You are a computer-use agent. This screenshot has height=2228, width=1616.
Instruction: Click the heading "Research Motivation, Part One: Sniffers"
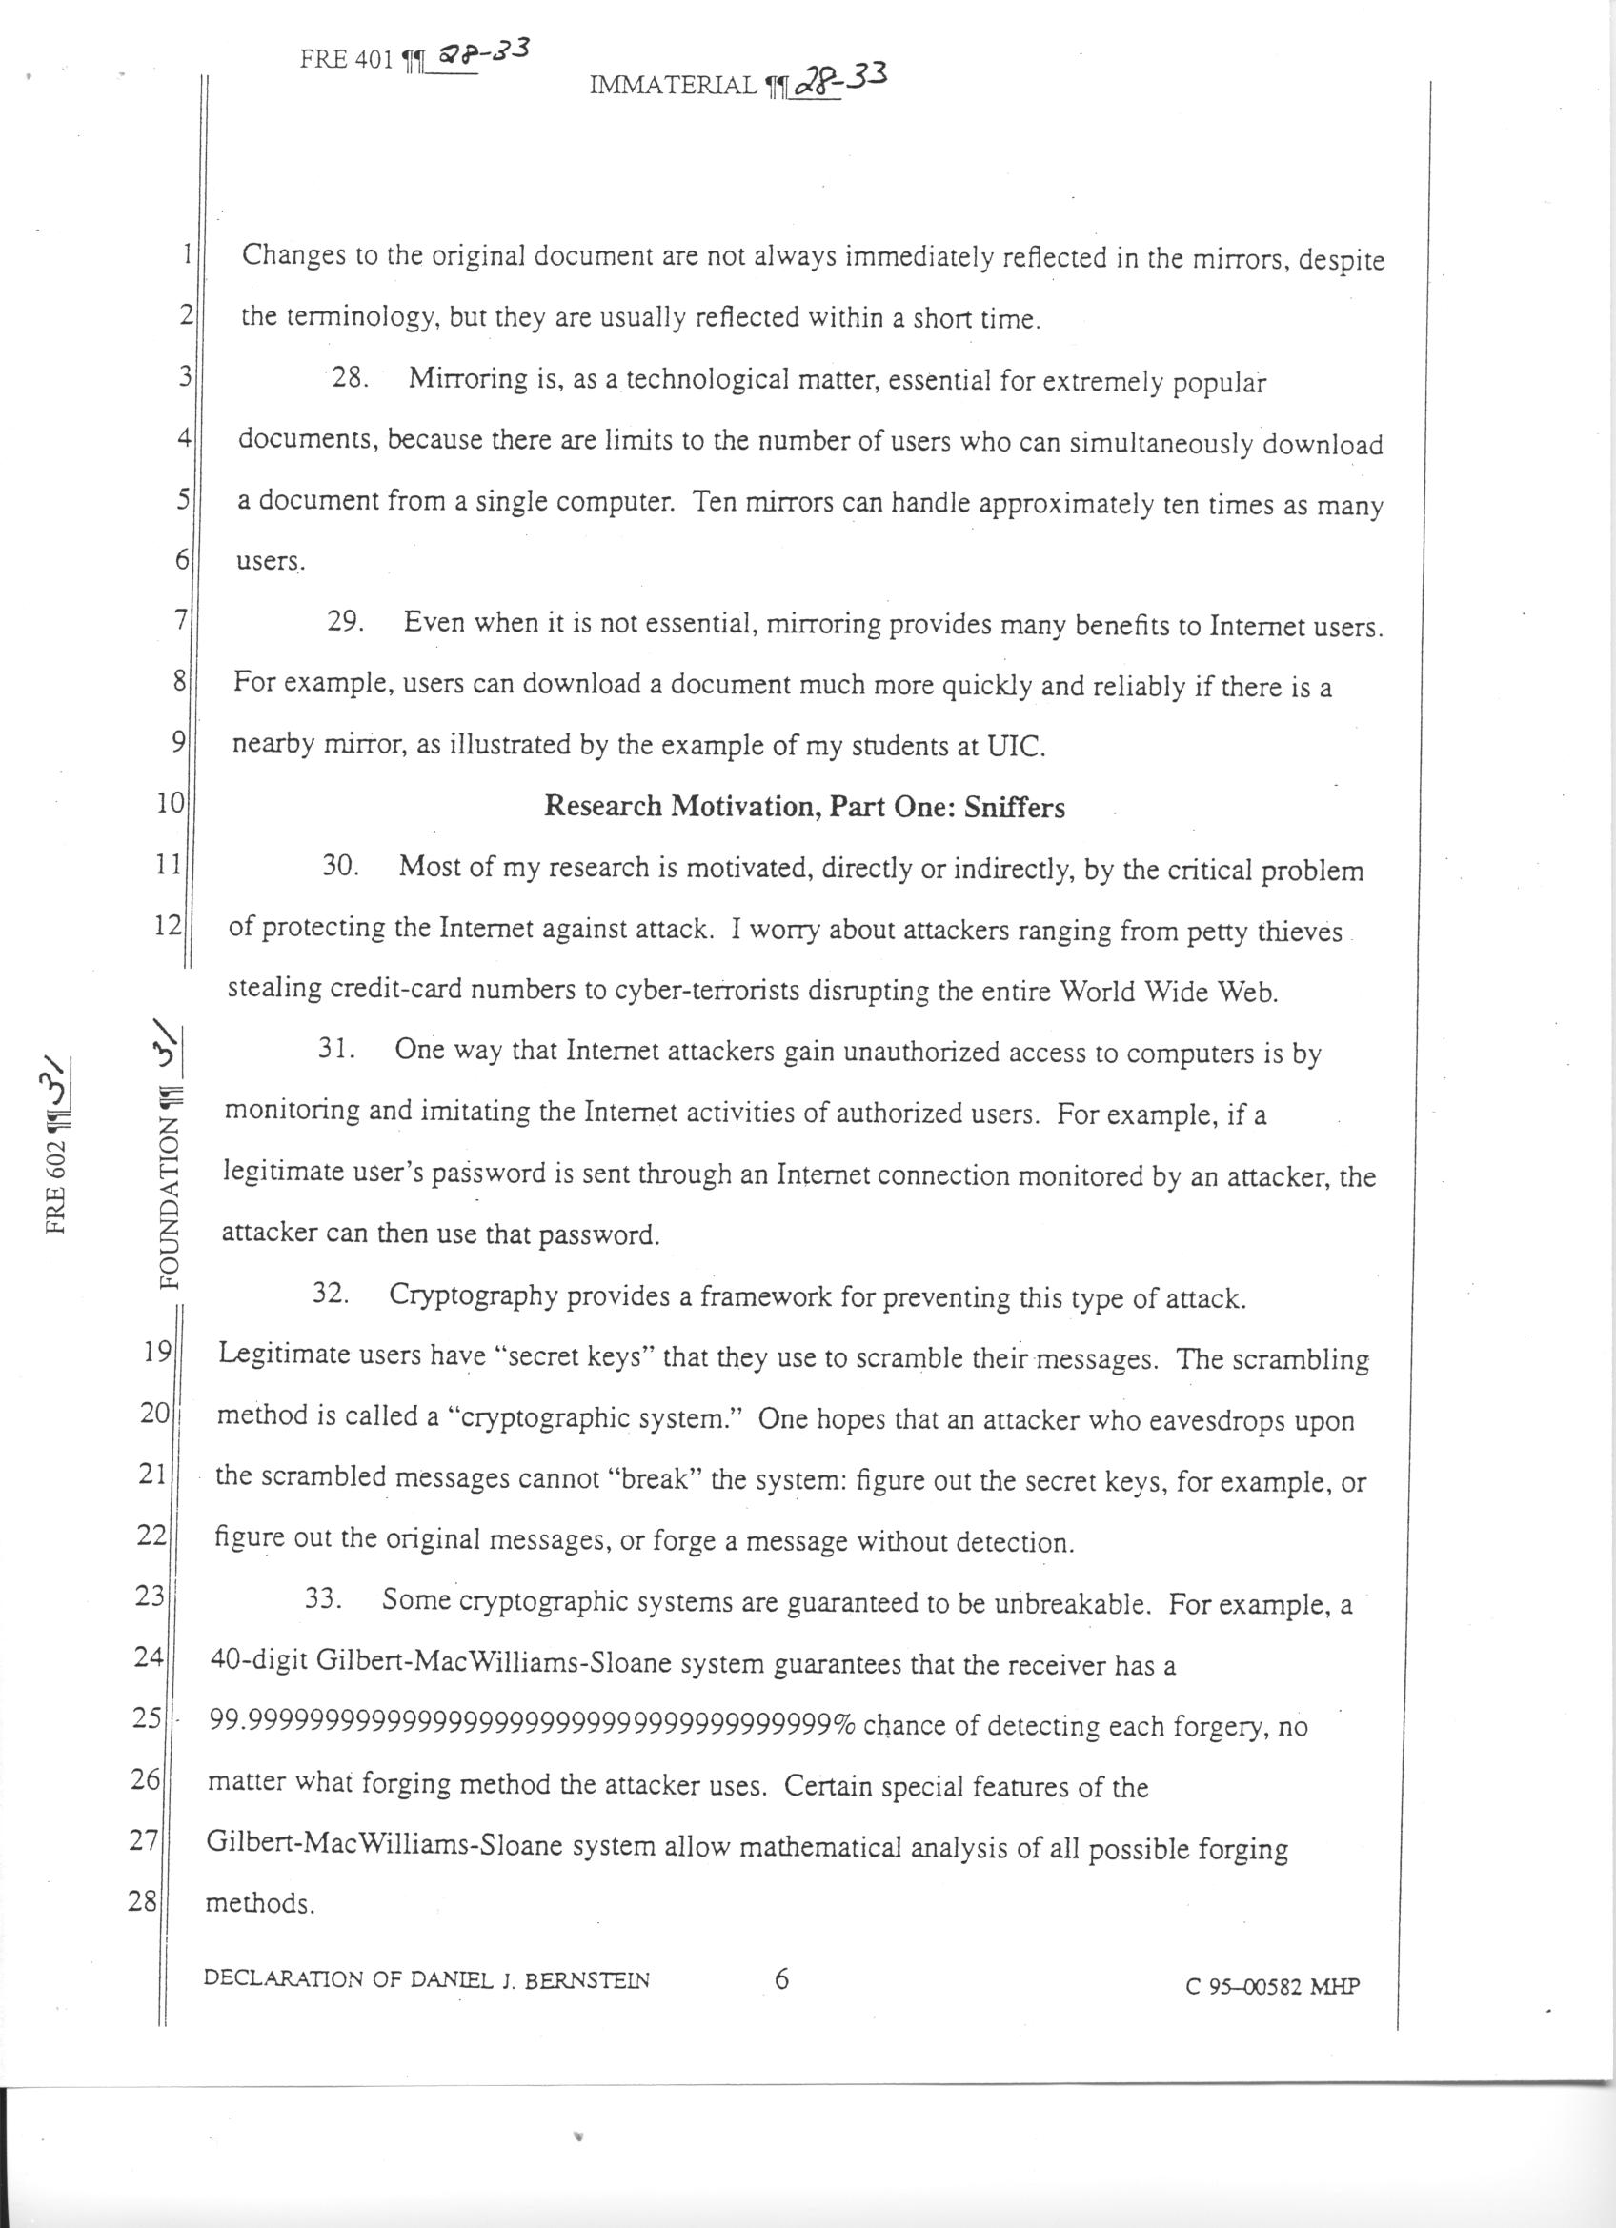pyautogui.click(x=803, y=807)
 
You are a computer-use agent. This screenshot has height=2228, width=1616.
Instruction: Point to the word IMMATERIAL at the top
pyautogui.click(x=673, y=86)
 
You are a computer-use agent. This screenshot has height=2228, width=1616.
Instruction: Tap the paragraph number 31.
pyautogui.click(x=335, y=1048)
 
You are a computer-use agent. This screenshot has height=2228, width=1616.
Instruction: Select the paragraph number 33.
pyautogui.click(x=322, y=1598)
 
